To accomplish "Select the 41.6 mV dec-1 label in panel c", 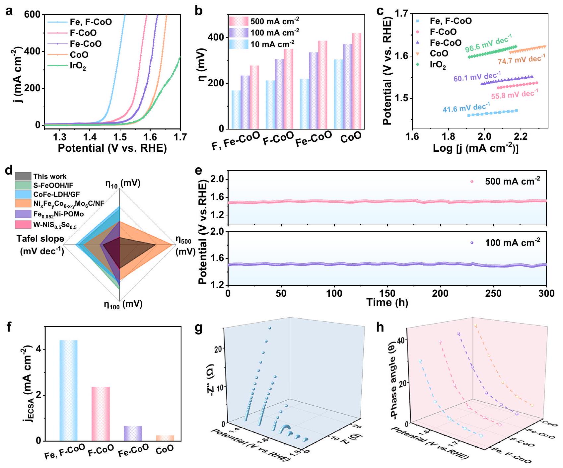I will pyautogui.click(x=466, y=108).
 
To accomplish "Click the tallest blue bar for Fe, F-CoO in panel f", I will pyautogui.click(x=68, y=390).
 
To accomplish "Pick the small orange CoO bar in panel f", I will pyautogui.click(x=165, y=438).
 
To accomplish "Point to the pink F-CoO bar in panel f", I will pyautogui.click(x=101, y=413).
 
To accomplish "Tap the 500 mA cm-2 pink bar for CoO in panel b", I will pyautogui.click(x=357, y=81).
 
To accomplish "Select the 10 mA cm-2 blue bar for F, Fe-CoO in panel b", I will pyautogui.click(x=236, y=110).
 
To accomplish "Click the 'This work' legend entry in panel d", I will pyautogui.click(x=50, y=177).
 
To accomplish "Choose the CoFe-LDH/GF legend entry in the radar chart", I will pyautogui.click(x=56, y=195).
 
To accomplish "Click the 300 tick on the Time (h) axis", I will pyautogui.click(x=546, y=293).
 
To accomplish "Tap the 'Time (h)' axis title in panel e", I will pyautogui.click(x=387, y=303).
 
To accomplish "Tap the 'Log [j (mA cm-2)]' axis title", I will pyautogui.click(x=475, y=148).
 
